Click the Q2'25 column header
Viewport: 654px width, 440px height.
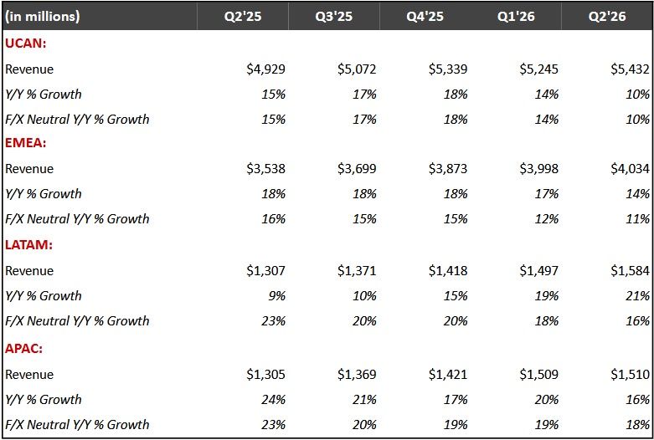pyautogui.click(x=243, y=17)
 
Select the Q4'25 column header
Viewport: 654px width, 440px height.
pyautogui.click(x=425, y=17)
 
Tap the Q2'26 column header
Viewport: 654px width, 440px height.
pyautogui.click(x=607, y=17)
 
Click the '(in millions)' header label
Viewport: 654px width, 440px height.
pyautogui.click(x=42, y=17)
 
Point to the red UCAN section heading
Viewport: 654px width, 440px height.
pyautogui.click(x=25, y=43)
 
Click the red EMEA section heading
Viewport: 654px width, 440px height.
pyautogui.click(x=25, y=143)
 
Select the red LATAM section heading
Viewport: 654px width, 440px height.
pyautogui.click(x=28, y=244)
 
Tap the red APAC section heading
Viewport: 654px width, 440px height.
pyautogui.click(x=23, y=348)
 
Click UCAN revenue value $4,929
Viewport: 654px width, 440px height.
pyautogui.click(x=265, y=69)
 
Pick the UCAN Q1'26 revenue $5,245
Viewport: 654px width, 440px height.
pyautogui.click(x=539, y=69)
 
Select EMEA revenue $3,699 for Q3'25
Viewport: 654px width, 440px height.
pyautogui.click(x=357, y=169)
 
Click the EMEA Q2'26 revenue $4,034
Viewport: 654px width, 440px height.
pyautogui.click(x=631, y=169)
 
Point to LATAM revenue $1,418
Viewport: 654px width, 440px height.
pyautogui.click(x=448, y=271)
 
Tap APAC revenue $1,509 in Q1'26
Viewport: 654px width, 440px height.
pyautogui.click(x=539, y=375)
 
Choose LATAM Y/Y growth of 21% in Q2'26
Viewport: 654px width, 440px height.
pyautogui.click(x=638, y=296)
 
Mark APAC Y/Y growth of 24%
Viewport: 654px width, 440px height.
pyautogui.click(x=274, y=400)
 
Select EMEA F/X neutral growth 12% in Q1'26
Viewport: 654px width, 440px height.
pyautogui.click(x=547, y=219)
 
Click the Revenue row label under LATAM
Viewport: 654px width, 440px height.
pyautogui.click(x=29, y=271)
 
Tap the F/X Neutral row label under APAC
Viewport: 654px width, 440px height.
pyautogui.click(x=77, y=425)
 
